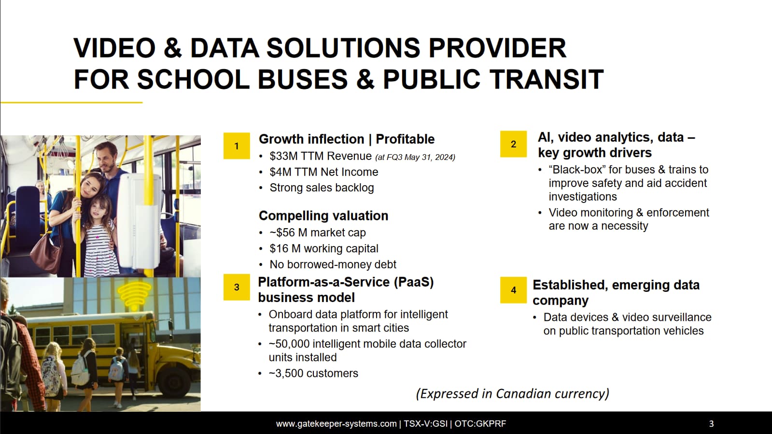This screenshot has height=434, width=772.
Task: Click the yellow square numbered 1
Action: click(237, 145)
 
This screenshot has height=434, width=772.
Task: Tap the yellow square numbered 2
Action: click(513, 144)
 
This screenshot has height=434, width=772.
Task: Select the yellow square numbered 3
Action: click(237, 287)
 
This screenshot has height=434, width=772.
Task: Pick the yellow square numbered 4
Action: click(513, 290)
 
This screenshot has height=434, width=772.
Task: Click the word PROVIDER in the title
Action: click(497, 48)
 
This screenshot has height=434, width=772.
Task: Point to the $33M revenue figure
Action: click(283, 156)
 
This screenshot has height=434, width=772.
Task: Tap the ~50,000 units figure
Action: click(289, 344)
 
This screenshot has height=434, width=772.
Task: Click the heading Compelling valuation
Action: click(323, 216)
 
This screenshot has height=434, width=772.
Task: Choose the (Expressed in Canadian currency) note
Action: click(512, 393)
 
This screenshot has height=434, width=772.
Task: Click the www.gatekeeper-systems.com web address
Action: click(337, 424)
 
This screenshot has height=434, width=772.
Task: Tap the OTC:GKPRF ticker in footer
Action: click(480, 424)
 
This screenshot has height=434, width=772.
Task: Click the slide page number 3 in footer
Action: click(711, 424)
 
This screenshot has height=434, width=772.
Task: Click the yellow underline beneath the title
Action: click(71, 102)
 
